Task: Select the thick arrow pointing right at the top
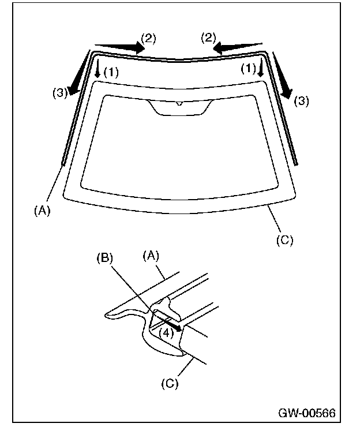point(120,47)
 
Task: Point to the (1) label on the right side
point(248,69)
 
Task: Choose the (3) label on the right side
point(302,101)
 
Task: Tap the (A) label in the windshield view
point(42,211)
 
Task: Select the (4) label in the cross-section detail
point(166,332)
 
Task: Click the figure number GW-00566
point(306,414)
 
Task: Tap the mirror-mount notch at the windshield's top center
point(179,107)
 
